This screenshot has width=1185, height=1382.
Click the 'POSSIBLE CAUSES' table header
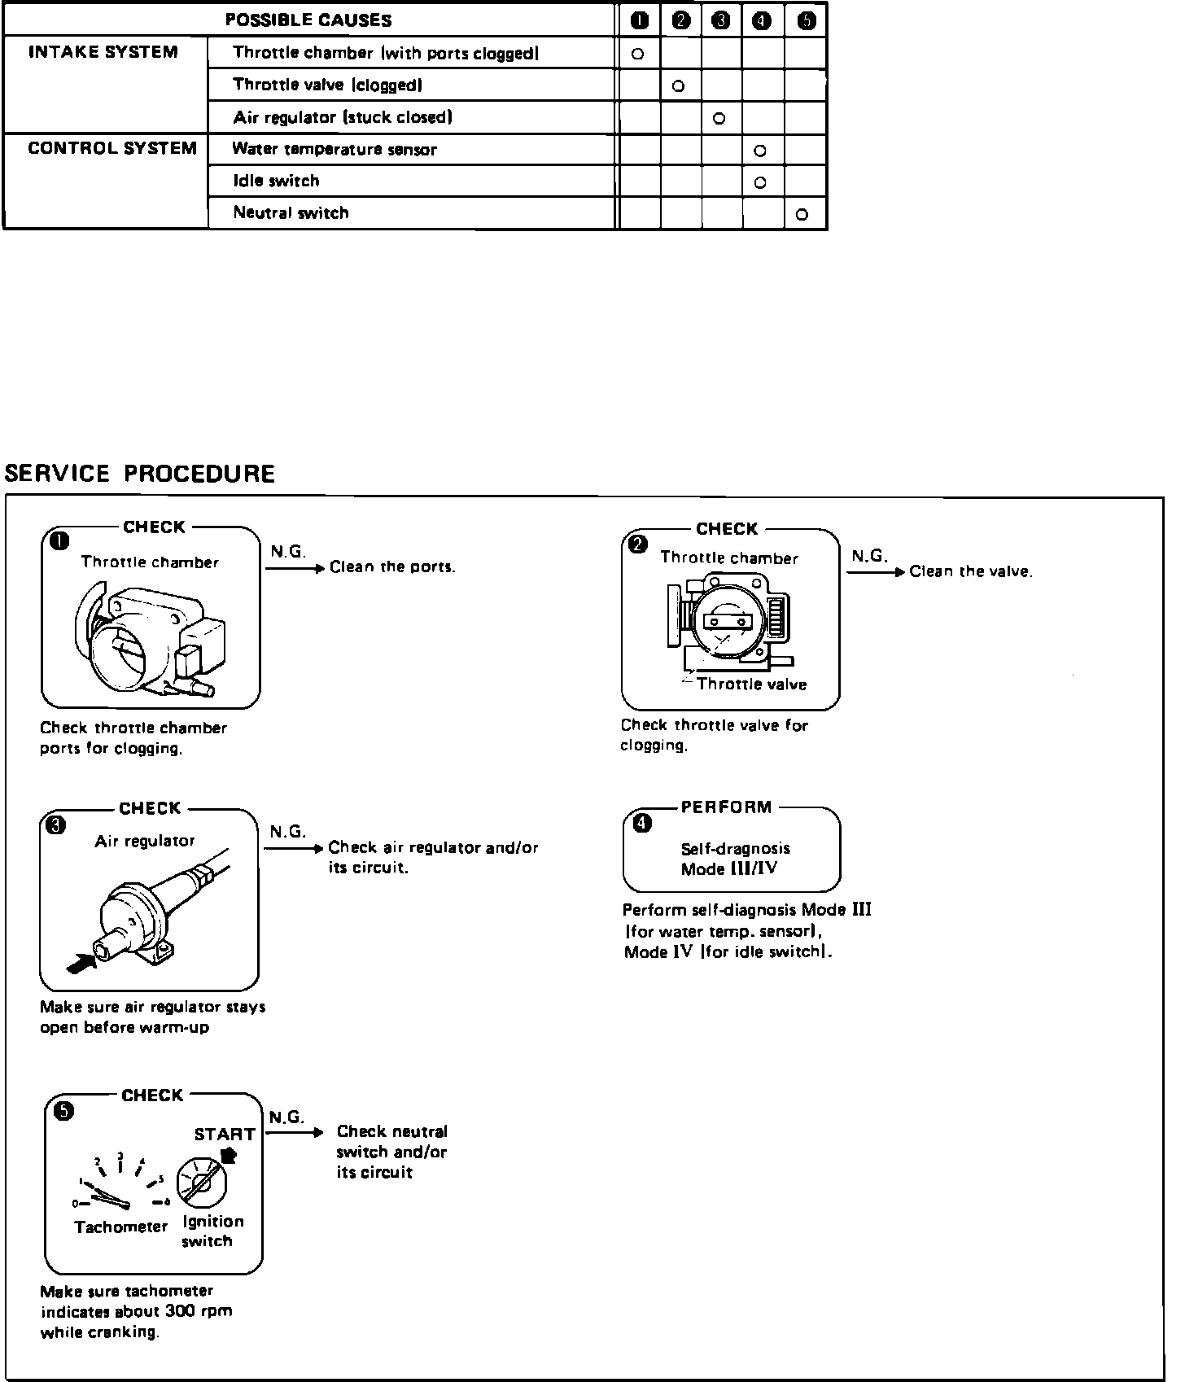pos(308,20)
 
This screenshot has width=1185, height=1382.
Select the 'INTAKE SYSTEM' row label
pos(103,53)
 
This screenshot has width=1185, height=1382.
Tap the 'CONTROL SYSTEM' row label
pos(112,149)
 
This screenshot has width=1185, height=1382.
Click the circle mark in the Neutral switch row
pos(802,215)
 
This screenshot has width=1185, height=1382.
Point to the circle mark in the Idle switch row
pos(760,183)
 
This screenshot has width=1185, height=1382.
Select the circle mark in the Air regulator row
pos(719,119)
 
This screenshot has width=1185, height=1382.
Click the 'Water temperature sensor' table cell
pos(335,150)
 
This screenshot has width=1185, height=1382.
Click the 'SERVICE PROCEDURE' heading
pos(140,474)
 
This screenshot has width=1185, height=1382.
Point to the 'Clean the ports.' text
pos(392,567)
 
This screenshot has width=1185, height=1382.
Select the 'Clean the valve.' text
pos(971,572)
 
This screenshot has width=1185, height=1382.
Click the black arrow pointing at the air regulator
pos(79,964)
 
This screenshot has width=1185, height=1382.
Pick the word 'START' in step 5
pos(225,1135)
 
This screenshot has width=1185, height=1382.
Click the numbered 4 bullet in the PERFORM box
pos(642,824)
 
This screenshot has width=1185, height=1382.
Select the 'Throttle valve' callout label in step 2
pos(751,684)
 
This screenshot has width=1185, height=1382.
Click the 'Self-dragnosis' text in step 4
pos(735,849)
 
